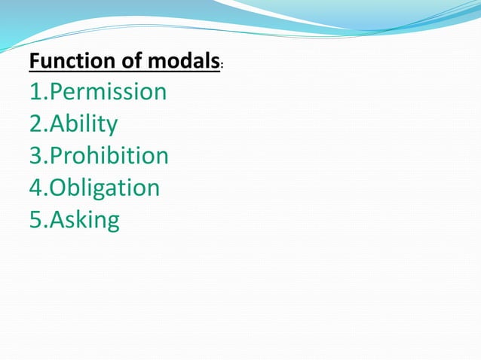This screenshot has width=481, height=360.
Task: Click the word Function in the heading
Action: pyautogui.click(x=66, y=61)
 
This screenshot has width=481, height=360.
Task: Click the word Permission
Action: pyautogui.click(x=108, y=93)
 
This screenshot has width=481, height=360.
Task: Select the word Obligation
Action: pyautogui.click(x=105, y=188)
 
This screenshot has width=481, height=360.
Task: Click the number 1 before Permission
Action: pyautogui.click(x=35, y=93)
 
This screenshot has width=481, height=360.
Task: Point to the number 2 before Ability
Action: pyautogui.click(x=35, y=124)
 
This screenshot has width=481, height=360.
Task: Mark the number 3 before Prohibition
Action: pyautogui.click(x=35, y=156)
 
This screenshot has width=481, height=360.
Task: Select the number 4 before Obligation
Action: pyautogui.click(x=35, y=188)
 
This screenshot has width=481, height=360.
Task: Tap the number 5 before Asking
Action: pyautogui.click(x=35, y=221)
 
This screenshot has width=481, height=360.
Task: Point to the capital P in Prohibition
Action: pyautogui.click(x=56, y=156)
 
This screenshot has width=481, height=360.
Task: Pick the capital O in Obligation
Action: pyautogui.click(x=57, y=188)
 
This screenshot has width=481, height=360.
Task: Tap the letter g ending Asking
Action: pyautogui.click(x=112, y=224)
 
